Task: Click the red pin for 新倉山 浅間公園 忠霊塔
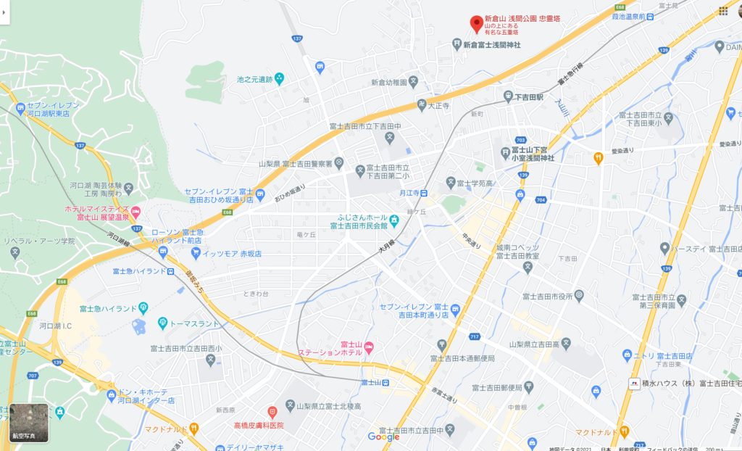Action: (476, 24)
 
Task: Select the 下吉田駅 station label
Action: (528, 96)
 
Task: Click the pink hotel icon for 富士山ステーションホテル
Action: (369, 347)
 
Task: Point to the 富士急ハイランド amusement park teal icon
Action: (143, 307)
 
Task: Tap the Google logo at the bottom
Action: (383, 436)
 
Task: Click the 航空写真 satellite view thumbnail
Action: (28, 422)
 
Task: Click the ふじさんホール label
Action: (363, 218)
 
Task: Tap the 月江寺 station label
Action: (409, 194)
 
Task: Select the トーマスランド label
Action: (194, 323)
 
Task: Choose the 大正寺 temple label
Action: (439, 105)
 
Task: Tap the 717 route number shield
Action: (475, 337)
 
